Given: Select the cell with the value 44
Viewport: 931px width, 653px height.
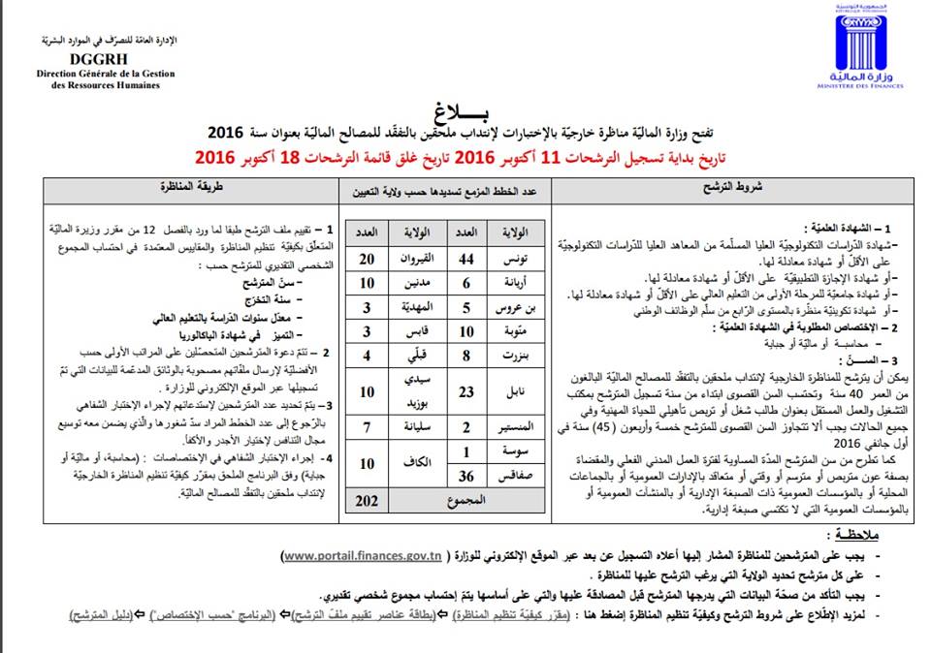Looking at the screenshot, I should click(x=466, y=260).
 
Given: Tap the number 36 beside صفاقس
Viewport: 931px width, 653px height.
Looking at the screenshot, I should click(x=466, y=476).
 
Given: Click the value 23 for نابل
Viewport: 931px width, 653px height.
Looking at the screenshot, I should click(x=466, y=391).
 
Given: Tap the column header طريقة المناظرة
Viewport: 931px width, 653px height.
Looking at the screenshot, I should click(x=195, y=185).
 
